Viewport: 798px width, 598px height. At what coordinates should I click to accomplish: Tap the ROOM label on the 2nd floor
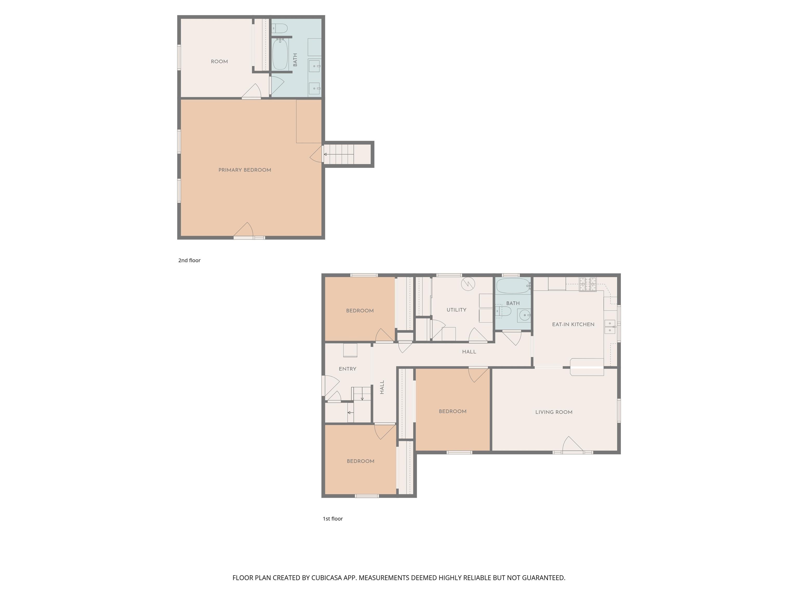pyautogui.click(x=219, y=62)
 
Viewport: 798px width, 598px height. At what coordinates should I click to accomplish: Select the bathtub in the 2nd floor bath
pyautogui.click(x=280, y=54)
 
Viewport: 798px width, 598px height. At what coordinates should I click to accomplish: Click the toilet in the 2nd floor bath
pyautogui.click(x=280, y=28)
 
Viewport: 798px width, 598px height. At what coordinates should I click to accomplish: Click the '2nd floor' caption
pyautogui.click(x=189, y=260)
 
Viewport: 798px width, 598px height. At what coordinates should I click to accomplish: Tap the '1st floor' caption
pyautogui.click(x=332, y=519)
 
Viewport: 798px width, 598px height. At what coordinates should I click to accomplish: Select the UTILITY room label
pyautogui.click(x=456, y=310)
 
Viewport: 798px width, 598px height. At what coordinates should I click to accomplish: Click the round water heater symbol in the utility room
pyautogui.click(x=468, y=284)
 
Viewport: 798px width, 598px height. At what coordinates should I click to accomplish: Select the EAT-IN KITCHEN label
pyautogui.click(x=573, y=324)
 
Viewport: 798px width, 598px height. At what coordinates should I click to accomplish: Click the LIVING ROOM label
pyautogui.click(x=554, y=412)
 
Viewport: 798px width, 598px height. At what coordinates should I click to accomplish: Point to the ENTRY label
pyautogui.click(x=347, y=369)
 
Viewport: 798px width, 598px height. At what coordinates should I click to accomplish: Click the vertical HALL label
pyautogui.click(x=382, y=387)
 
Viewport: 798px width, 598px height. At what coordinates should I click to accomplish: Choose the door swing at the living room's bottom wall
pyautogui.click(x=572, y=444)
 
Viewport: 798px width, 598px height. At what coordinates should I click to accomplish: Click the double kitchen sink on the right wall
pyautogui.click(x=610, y=327)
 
